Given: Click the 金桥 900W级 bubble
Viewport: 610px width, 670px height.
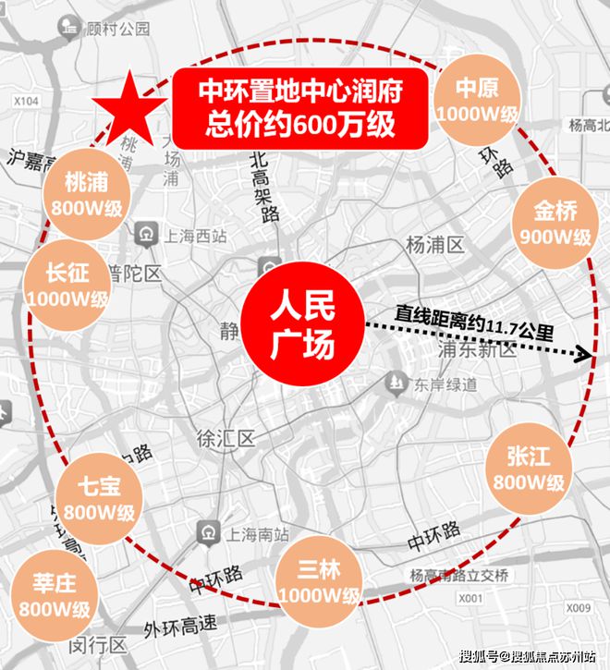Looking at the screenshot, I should (555, 223).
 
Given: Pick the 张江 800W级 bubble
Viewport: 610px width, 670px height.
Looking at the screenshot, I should (528, 468).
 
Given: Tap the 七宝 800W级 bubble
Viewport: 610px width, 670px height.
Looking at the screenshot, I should (99, 499).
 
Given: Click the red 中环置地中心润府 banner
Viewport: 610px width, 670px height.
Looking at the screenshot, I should (300, 109).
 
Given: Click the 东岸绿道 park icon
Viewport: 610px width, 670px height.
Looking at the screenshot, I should (396, 382).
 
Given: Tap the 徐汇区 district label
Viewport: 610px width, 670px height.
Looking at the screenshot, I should (225, 438).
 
